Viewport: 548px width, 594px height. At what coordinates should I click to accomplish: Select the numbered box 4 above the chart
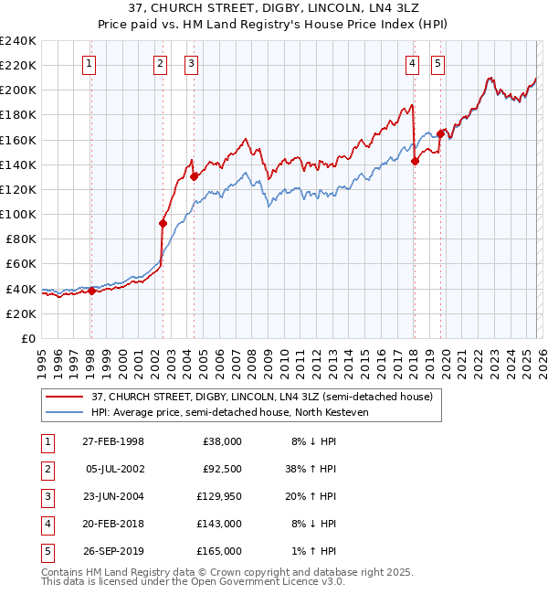coord(413,64)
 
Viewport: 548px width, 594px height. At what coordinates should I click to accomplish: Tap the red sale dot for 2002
coord(163,223)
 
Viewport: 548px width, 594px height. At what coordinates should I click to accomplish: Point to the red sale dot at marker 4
coord(415,161)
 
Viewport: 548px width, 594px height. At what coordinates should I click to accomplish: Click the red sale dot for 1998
coord(91,292)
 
